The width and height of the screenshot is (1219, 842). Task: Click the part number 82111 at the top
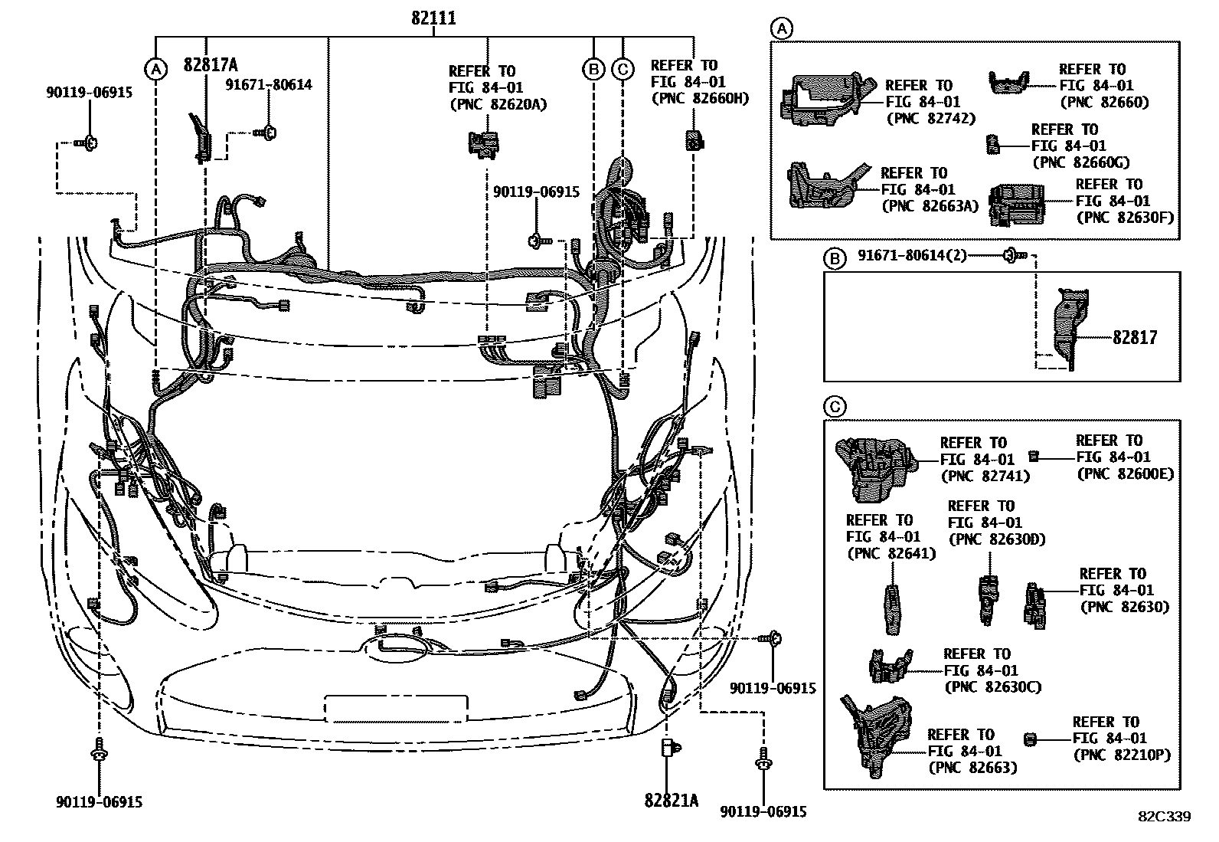433,18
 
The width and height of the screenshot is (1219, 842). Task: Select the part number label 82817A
210,66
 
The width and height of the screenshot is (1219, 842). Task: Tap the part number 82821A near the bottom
672,801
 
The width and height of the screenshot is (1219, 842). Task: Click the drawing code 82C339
1164,817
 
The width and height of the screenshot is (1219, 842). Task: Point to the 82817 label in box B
1135,336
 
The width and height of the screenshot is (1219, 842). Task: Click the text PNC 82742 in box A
930,119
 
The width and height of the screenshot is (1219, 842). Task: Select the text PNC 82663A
930,206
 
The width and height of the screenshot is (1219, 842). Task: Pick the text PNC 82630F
1124,218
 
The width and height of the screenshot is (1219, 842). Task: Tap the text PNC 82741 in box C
985,476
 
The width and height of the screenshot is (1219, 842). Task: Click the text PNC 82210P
1122,755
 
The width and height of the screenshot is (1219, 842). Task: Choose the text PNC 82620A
498,104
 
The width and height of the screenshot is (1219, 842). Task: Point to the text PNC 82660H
700,98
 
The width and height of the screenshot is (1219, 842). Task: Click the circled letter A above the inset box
781,30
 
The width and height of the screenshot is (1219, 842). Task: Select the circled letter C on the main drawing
623,70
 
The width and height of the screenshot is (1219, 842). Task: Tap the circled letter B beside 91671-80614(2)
834,260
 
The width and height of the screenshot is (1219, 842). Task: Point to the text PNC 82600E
1125,473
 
